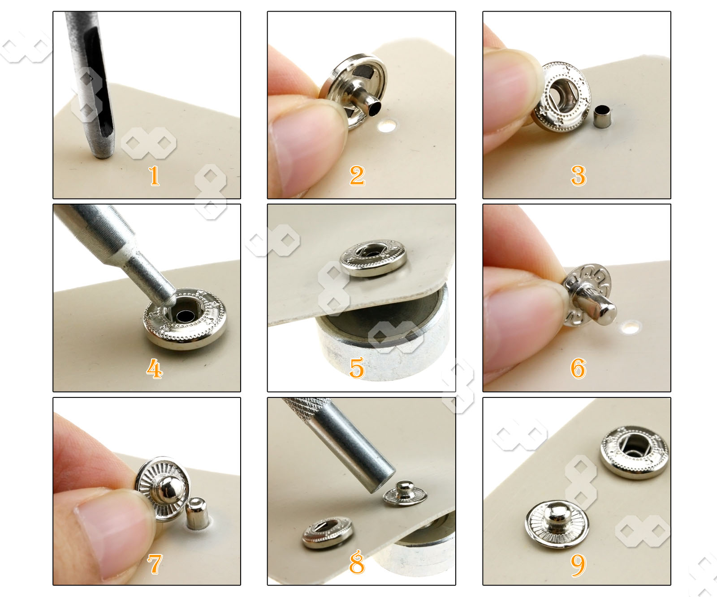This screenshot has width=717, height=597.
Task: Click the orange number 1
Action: pos(154,175)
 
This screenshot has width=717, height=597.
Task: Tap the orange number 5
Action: pos(357,368)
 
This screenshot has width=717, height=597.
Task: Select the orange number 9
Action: pos(578,565)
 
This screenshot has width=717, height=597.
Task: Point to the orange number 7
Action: pos(155,564)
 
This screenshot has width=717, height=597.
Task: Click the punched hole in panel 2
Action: pos(386,126)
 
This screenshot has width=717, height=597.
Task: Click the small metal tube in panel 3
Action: pos(601,116)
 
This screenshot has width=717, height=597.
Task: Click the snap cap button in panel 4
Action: pos(185,318)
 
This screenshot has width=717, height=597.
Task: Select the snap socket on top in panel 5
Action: pos(373,257)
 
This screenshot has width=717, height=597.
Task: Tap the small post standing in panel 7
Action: pos(197,513)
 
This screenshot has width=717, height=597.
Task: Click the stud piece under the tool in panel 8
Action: pos(405,494)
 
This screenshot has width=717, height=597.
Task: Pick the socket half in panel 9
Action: pos(634,451)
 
